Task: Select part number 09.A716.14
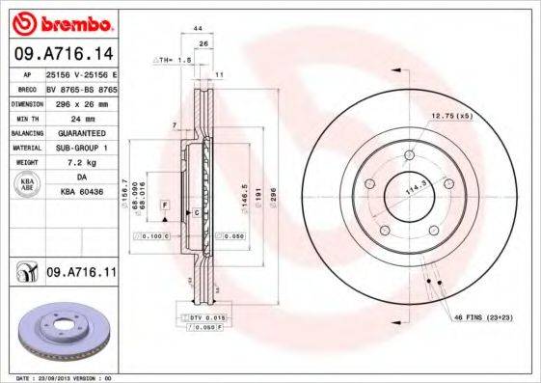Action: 62,54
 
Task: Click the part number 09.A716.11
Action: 81,274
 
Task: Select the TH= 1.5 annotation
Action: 174,60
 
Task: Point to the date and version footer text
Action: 60,378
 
